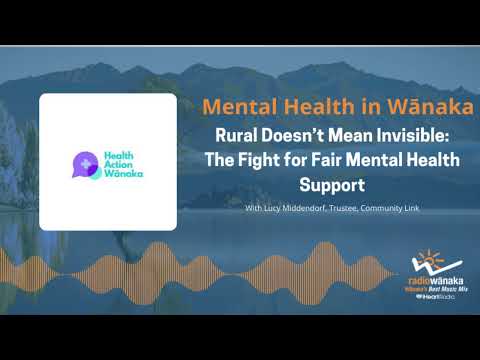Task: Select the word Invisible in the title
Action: tap(426, 136)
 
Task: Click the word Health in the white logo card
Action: tap(122, 153)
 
